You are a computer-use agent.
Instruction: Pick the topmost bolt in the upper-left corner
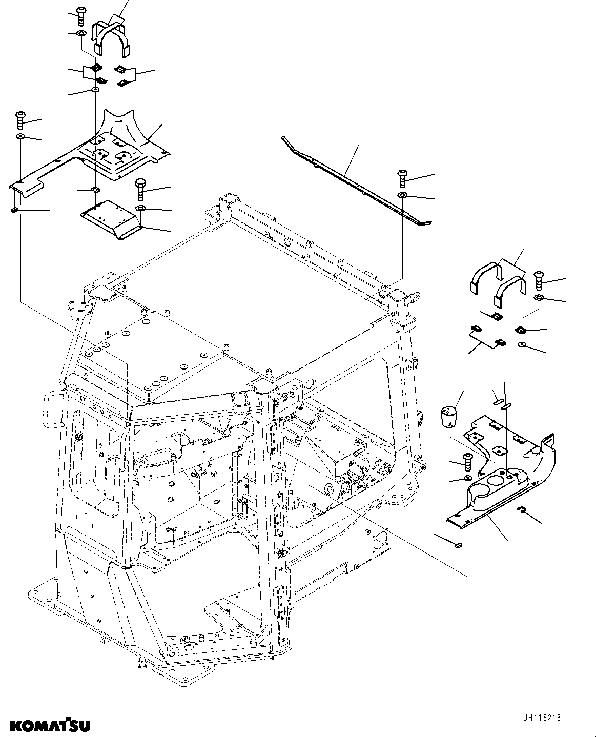point(80,15)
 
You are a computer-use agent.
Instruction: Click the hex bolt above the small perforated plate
point(141,190)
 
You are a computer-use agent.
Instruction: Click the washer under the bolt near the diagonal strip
point(403,195)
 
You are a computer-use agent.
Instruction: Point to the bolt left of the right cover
point(467,462)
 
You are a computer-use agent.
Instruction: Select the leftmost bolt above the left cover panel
point(21,120)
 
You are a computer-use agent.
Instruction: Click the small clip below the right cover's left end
point(458,545)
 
